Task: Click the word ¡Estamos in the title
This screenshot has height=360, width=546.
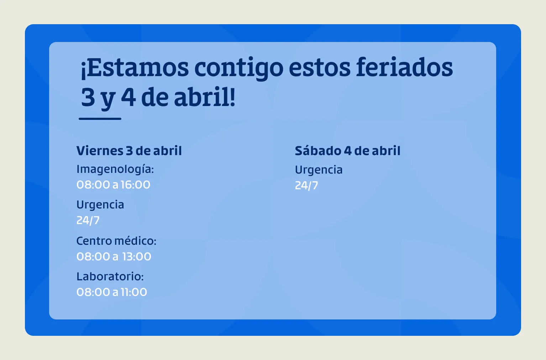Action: [135, 68]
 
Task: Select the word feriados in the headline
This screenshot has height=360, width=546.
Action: [404, 68]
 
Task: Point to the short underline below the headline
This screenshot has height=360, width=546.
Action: [100, 118]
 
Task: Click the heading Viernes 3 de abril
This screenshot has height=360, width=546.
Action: [129, 151]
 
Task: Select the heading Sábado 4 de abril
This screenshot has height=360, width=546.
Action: [347, 151]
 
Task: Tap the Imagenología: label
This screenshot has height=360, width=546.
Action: [115, 169]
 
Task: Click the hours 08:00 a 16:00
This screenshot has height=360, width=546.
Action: [114, 185]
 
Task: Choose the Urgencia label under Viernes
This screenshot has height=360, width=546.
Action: [100, 205]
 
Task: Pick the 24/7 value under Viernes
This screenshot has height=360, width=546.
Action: [88, 221]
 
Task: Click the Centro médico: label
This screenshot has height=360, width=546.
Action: [116, 241]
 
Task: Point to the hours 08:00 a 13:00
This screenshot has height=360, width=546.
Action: [114, 256]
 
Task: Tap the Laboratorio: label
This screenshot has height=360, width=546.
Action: [110, 276]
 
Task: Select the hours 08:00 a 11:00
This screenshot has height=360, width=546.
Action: [112, 292]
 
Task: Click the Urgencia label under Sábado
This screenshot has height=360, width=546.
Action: [319, 170]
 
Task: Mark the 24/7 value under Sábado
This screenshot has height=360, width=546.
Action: [306, 186]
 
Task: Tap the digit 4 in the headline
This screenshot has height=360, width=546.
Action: [128, 97]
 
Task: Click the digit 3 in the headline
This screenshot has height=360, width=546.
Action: [88, 97]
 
